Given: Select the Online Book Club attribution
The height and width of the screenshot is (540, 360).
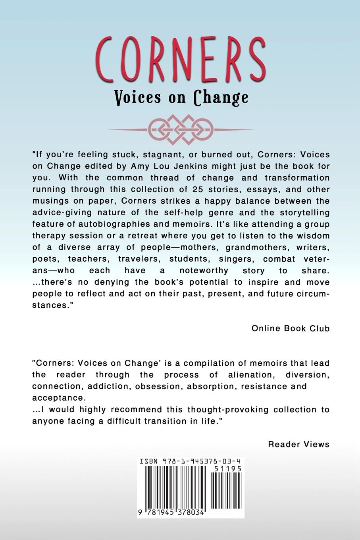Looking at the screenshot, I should click(x=291, y=328).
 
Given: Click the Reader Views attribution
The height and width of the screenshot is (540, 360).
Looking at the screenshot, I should click(x=299, y=444).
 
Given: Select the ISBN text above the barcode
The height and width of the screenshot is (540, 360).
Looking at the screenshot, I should click(x=190, y=461).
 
